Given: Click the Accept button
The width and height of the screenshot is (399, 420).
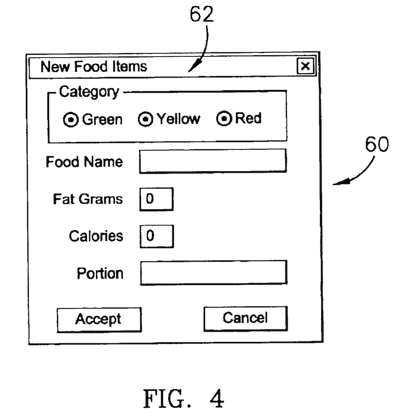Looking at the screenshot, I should point(99,319).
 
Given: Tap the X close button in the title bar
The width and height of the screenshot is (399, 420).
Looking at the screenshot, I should point(306,66).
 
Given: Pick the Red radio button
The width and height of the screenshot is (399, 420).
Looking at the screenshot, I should point(224,119).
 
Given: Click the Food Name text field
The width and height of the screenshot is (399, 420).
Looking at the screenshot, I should point(213,161).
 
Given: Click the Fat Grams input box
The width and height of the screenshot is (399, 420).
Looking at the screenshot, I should point(156,199).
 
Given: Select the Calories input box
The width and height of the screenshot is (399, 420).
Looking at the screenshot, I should point(156,236).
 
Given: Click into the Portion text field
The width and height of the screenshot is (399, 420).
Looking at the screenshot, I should point(213,273).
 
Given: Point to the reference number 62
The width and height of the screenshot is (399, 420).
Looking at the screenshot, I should point(202,15).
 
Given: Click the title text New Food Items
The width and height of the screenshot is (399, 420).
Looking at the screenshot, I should point(94,66).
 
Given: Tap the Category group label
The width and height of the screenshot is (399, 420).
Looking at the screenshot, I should point(89,92).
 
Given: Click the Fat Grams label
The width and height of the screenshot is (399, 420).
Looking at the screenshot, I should point(88,199).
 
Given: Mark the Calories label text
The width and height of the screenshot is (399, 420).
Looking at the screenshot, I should point(96,236).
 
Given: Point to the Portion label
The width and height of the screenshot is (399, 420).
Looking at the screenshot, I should point(100,273).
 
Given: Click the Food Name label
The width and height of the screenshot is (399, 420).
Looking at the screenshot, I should point(84,162).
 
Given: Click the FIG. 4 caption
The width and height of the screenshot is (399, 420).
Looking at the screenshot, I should point(183,399).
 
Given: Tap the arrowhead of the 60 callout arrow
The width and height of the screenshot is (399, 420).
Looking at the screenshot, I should point(336,183).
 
